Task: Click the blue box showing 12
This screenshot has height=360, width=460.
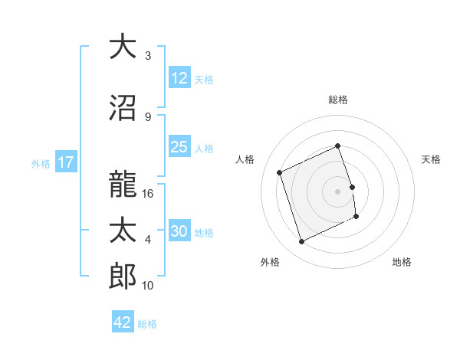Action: [x=179, y=78]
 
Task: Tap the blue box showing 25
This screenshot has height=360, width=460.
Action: [x=179, y=147]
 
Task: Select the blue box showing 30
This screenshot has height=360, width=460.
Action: [x=179, y=231]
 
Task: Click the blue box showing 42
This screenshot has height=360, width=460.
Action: [x=123, y=322]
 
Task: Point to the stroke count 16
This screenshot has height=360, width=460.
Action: [x=149, y=194]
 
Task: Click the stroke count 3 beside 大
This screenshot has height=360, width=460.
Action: [x=147, y=56]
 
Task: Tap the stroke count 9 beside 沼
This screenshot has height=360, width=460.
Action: [x=147, y=116]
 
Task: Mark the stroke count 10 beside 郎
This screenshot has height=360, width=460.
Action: [x=149, y=286]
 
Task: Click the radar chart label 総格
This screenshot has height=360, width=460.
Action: [x=338, y=100]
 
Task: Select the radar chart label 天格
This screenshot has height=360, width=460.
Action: [x=432, y=159]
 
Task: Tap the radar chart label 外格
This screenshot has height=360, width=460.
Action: [x=270, y=262]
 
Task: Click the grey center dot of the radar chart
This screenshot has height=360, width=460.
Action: [x=337, y=191]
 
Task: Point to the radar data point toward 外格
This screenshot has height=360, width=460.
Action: [x=301, y=242]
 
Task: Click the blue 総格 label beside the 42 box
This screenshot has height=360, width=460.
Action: [x=147, y=323]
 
